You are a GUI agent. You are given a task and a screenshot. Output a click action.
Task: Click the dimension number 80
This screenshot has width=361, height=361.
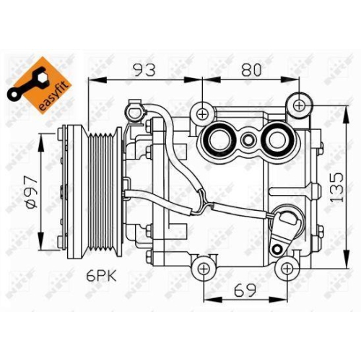pos(251,71)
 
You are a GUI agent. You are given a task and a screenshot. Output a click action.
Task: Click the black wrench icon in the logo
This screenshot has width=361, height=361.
pos(25,85)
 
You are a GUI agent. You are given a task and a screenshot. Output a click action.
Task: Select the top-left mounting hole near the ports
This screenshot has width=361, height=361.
pos(204,113)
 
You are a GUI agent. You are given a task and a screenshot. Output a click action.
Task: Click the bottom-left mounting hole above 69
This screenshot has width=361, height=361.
pos(204,269)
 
